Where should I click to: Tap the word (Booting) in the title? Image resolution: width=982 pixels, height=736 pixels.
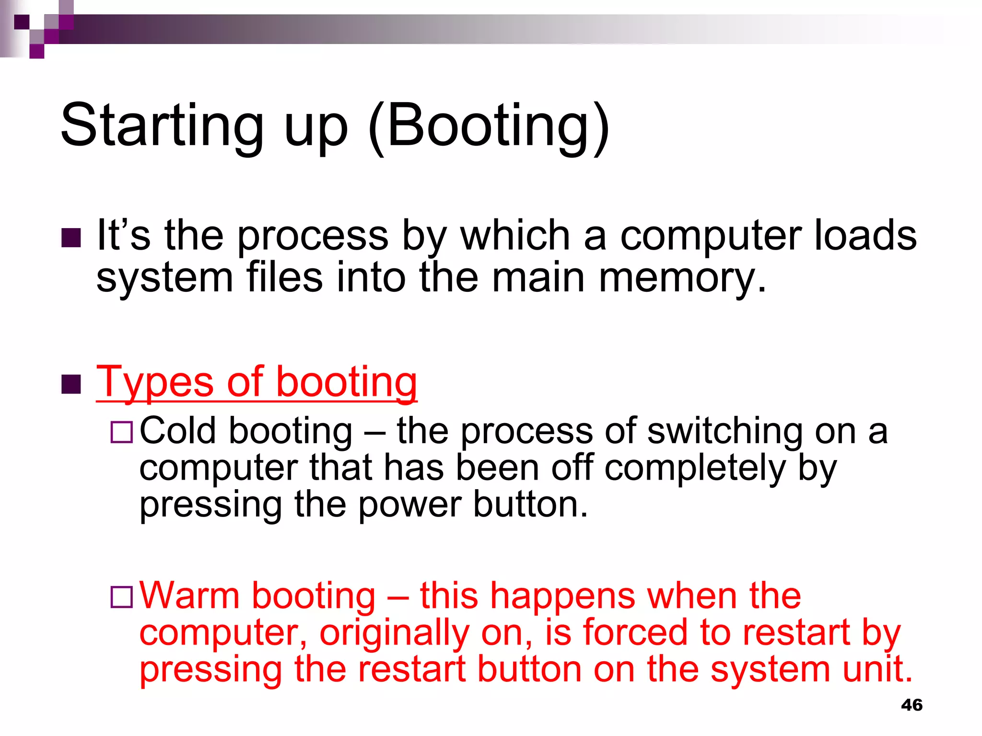click(489, 126)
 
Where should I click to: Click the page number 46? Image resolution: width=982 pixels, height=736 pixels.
click(912, 705)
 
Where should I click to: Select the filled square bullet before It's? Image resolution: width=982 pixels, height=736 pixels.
click(71, 238)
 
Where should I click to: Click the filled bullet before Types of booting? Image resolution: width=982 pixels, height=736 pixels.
click(71, 384)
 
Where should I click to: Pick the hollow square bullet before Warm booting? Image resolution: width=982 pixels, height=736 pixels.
click(121, 597)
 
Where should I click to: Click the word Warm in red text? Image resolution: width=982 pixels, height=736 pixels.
click(189, 596)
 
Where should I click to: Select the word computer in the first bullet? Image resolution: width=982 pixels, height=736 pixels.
click(710, 236)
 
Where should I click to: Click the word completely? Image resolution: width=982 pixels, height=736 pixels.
click(695, 469)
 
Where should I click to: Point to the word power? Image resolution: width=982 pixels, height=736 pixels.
click(410, 506)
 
